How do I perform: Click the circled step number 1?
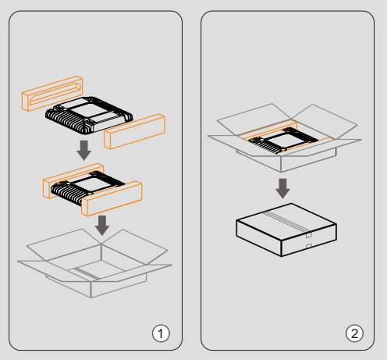(x=161, y=333)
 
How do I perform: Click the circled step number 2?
(x=354, y=333)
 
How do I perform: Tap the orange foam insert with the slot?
(x=52, y=94)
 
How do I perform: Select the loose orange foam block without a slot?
(x=134, y=131)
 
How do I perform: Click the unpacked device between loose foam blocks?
(x=89, y=116)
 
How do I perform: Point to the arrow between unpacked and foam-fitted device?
(x=83, y=151)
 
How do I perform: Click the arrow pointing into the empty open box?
(x=102, y=226)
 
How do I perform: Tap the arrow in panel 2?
(x=282, y=188)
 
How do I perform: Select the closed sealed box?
(x=286, y=230)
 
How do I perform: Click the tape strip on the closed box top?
(x=287, y=222)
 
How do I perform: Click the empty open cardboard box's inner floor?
(x=96, y=270)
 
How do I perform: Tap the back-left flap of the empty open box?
(x=64, y=244)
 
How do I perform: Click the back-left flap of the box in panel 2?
(x=254, y=119)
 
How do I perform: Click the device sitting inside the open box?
(x=283, y=140)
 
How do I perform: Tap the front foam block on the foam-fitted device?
(x=112, y=198)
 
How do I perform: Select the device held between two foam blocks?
(x=87, y=187)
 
